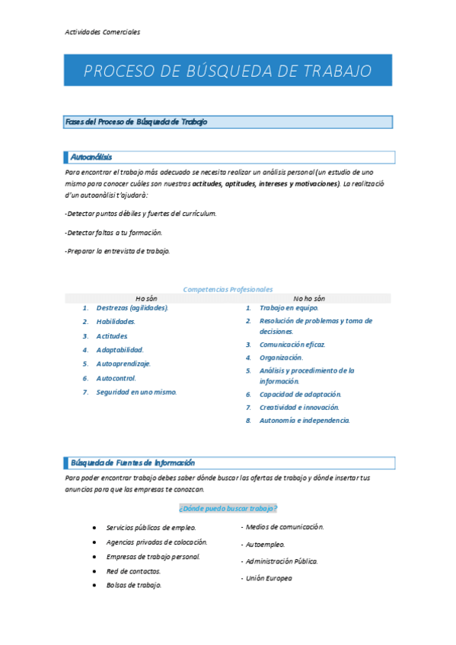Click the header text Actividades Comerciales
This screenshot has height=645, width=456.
(102, 32)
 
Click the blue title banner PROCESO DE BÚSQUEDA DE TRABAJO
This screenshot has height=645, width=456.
(228, 71)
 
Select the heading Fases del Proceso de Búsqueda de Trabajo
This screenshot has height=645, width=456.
(137, 122)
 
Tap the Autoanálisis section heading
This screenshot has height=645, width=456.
(91, 157)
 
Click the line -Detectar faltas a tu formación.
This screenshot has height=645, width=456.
(113, 232)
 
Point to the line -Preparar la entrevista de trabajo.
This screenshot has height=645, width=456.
(117, 251)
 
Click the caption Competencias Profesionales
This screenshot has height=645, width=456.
(228, 289)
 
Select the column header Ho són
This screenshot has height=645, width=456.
(146, 298)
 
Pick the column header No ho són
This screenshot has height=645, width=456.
(309, 298)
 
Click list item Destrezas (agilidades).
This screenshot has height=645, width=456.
(132, 308)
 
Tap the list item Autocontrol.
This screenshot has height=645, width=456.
(116, 378)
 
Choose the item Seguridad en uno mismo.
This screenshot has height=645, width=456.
(136, 392)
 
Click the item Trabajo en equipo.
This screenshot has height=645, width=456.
(289, 308)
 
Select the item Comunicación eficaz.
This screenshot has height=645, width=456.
(292, 345)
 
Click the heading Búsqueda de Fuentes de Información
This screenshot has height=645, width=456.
(132, 462)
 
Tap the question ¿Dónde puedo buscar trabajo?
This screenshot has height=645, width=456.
(228, 507)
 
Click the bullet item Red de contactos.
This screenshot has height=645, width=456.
(133, 570)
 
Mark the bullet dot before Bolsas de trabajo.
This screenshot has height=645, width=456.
(93, 586)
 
